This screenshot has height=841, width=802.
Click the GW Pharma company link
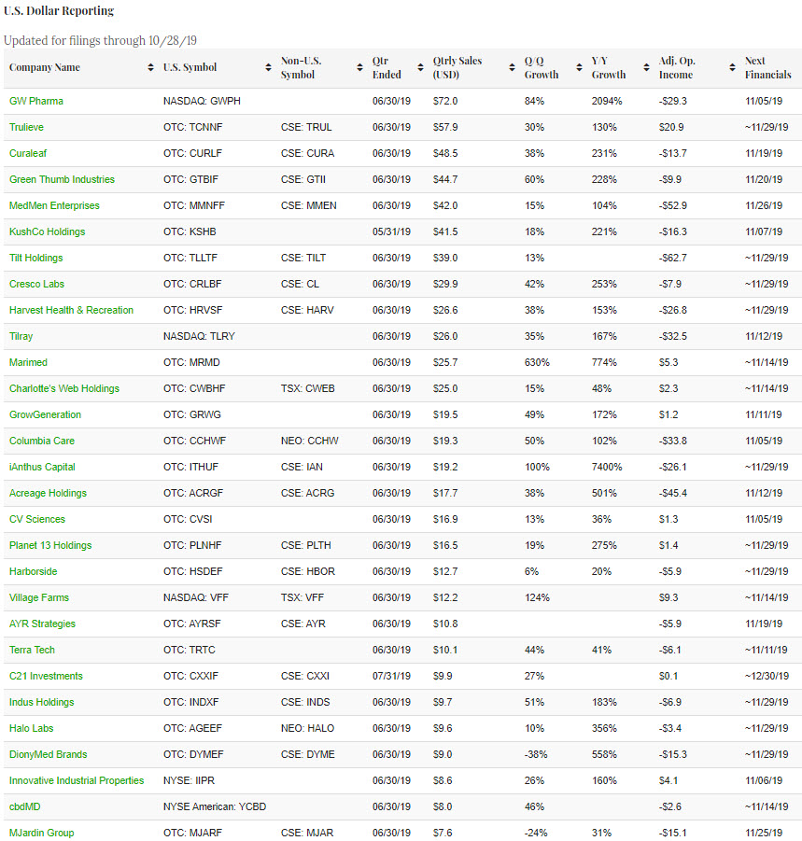[x=36, y=101]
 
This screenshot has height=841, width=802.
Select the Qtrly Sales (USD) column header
[x=457, y=67]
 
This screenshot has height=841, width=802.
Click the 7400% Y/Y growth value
[x=608, y=467]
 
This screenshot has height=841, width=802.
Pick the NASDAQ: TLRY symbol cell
[x=197, y=336]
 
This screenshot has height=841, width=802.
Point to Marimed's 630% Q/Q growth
[x=537, y=362]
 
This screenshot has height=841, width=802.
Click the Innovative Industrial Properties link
[x=77, y=780]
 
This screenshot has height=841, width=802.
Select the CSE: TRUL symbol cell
[x=307, y=127]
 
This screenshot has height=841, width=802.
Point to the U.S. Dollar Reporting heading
[x=59, y=11]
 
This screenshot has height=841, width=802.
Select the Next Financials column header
[x=767, y=67]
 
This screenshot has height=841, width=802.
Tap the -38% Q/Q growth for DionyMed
[x=536, y=754]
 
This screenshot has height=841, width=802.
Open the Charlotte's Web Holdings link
[x=64, y=388]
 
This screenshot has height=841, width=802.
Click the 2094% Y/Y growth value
[x=608, y=101]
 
